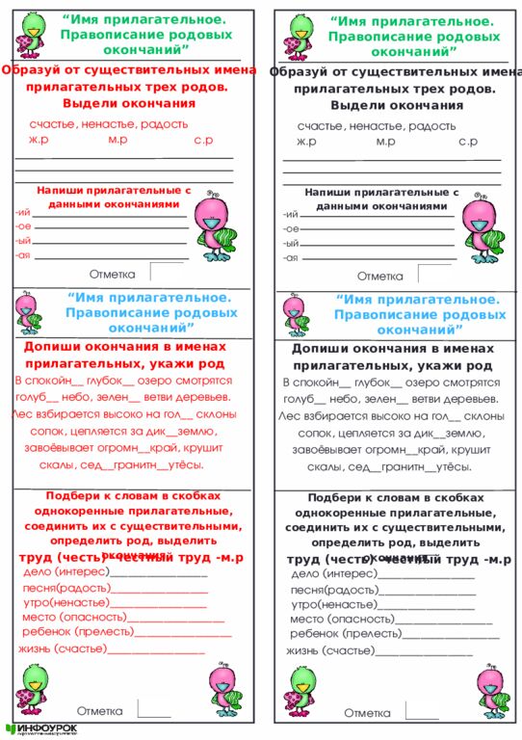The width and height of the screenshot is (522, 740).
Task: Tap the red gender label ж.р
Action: click(39, 141)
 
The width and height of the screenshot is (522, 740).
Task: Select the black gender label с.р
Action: click(468, 142)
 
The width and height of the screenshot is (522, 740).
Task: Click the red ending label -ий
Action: click(22, 213)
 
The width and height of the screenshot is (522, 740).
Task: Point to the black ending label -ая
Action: click(290, 258)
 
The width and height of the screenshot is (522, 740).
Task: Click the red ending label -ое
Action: click(23, 226)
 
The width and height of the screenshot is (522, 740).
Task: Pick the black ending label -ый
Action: click(290, 244)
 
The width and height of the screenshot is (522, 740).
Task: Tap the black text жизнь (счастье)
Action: click(329, 651)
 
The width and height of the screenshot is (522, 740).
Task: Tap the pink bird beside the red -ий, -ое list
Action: click(214, 231)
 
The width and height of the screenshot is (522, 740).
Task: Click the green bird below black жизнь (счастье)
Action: click(301, 692)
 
